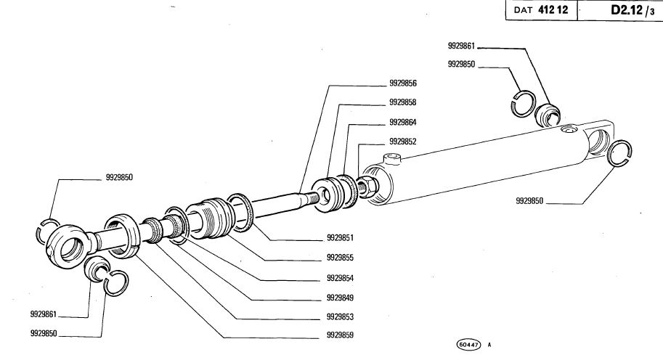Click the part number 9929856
[402, 83]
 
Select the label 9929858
[402, 102]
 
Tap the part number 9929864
[402, 122]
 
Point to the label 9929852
[402, 141]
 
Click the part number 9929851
[341, 237]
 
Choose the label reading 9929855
[341, 257]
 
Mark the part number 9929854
[341, 277]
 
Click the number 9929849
[341, 298]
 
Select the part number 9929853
[341, 317]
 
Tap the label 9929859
[341, 336]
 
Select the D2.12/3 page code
[628, 11]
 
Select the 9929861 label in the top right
[461, 46]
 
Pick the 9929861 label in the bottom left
[44, 314]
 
